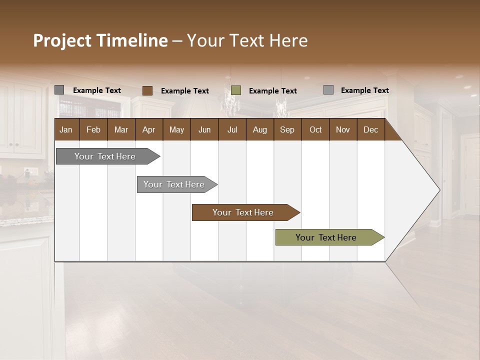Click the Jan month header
coord(66,129)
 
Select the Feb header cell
coord(93,129)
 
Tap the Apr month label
coord(148,129)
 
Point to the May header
coord(176,129)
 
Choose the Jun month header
coord(204,129)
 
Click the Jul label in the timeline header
coord(232,129)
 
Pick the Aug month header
coord(259,129)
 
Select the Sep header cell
coord(287,129)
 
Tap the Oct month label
coord(315,129)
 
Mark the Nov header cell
coord(343,129)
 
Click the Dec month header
coord(370,129)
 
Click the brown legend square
coord(147,90)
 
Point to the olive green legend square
coord(236,90)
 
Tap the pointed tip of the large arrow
coord(438,190)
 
